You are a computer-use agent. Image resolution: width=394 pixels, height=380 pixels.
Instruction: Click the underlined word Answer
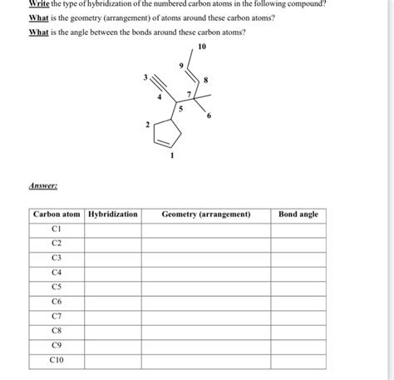click(44, 187)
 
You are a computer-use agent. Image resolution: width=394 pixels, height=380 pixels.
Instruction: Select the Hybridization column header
click(112, 215)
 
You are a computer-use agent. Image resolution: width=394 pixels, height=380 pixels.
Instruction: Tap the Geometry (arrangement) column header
click(206, 215)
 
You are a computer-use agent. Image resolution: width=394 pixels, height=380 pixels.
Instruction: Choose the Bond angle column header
click(298, 215)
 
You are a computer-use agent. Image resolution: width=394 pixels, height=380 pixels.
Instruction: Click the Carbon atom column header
click(57, 215)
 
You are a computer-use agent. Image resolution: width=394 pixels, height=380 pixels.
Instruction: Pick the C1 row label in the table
click(57, 229)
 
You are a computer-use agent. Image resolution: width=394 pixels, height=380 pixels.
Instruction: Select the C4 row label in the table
click(57, 272)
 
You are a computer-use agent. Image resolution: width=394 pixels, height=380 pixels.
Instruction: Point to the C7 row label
click(57, 316)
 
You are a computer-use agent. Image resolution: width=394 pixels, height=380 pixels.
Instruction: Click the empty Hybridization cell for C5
click(112, 287)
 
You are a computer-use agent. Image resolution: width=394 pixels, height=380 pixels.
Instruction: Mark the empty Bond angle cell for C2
click(298, 243)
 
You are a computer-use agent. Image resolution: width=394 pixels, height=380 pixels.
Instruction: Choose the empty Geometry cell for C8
click(206, 331)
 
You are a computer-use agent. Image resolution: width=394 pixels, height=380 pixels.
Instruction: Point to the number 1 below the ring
click(172, 155)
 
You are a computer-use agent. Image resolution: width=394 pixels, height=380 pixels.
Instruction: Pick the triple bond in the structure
click(157, 86)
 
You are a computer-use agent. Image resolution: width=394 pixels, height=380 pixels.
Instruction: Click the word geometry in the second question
click(82, 18)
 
